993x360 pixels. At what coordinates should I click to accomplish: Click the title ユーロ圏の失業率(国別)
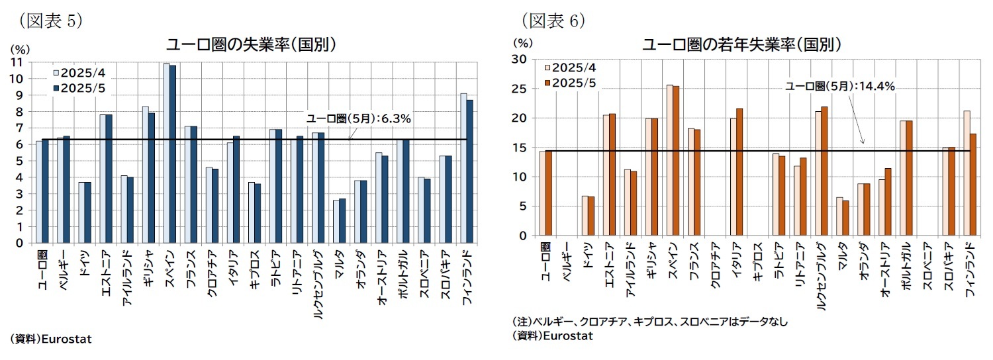coord(251,44)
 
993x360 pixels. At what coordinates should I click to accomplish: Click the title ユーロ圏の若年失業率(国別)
coord(741,44)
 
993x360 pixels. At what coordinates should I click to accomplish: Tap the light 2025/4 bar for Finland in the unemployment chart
coord(463,168)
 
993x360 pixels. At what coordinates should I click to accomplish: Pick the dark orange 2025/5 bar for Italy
coord(739,172)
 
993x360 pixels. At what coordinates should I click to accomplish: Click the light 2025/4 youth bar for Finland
coord(967,173)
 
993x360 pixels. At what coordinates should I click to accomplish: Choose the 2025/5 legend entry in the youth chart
coord(569,83)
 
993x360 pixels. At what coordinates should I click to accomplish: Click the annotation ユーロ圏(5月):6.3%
coord(358,119)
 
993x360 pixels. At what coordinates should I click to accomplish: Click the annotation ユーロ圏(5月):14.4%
coord(840,86)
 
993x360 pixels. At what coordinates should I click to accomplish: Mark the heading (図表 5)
coord(50,21)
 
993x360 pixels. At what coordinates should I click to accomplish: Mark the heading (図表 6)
coord(553,21)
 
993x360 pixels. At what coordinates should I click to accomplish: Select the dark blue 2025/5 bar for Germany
coord(88,212)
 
